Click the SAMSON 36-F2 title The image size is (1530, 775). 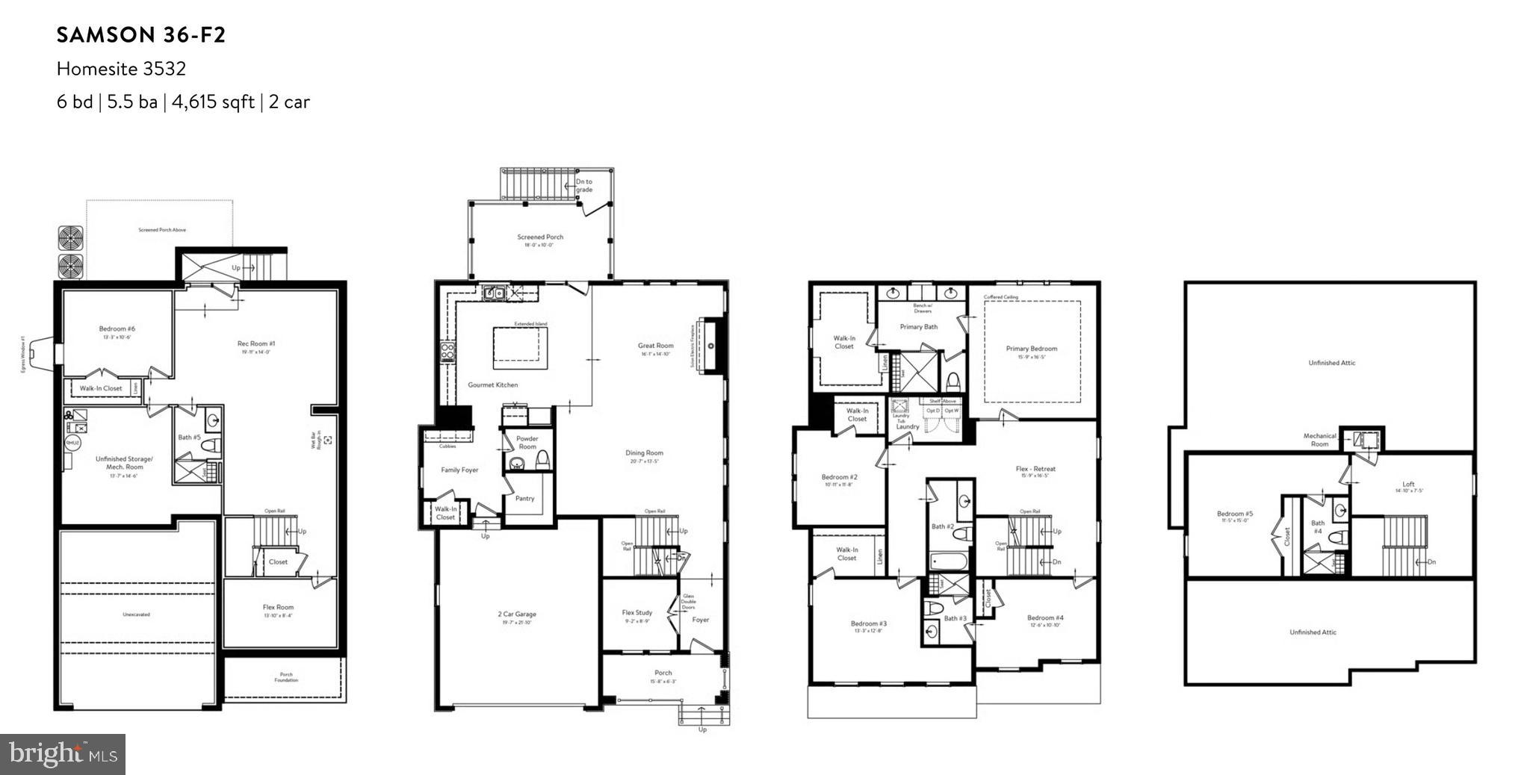click(x=141, y=35)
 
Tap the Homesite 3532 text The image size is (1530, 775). click(x=121, y=69)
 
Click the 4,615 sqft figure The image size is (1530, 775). click(x=213, y=102)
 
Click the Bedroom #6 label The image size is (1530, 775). click(x=117, y=329)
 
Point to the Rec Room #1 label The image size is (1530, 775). click(x=256, y=344)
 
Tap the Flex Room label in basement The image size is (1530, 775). click(x=278, y=608)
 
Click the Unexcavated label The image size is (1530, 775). click(x=136, y=614)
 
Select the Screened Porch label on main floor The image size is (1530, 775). click(x=540, y=237)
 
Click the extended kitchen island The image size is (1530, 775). click(x=516, y=347)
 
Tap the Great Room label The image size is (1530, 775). click(x=655, y=346)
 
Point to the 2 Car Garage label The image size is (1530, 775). click(x=517, y=614)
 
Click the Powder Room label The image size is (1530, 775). click(x=527, y=443)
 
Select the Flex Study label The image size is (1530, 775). click(x=637, y=613)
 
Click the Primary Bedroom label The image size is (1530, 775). click(x=1031, y=349)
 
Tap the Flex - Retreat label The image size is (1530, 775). click(x=1035, y=470)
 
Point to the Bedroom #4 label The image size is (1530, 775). click(x=1044, y=618)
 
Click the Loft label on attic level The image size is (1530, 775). click(x=1408, y=485)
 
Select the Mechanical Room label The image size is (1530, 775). click(x=1319, y=440)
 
